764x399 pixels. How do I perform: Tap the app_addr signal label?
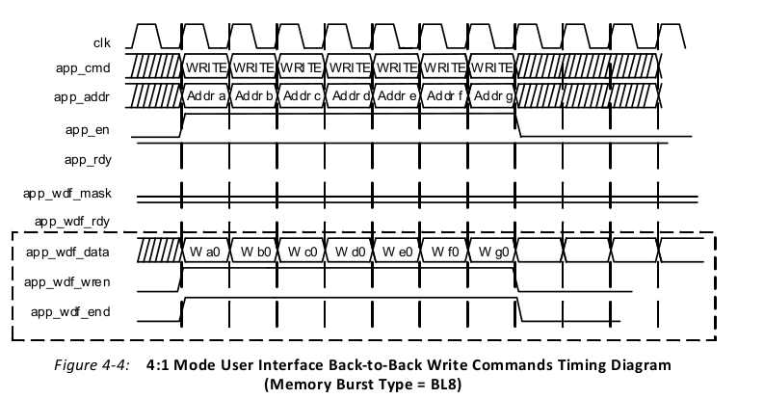click(x=90, y=97)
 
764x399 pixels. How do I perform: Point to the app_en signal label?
click(x=95, y=130)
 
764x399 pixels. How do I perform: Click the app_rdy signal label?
click(x=92, y=161)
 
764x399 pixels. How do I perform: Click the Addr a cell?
click(x=205, y=97)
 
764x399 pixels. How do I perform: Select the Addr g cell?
click(x=493, y=97)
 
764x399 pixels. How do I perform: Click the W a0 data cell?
click(x=205, y=253)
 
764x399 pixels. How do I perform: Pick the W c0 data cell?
click(x=301, y=253)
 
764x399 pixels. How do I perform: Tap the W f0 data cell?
click(x=445, y=253)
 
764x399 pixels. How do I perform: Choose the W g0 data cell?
click(x=493, y=253)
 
